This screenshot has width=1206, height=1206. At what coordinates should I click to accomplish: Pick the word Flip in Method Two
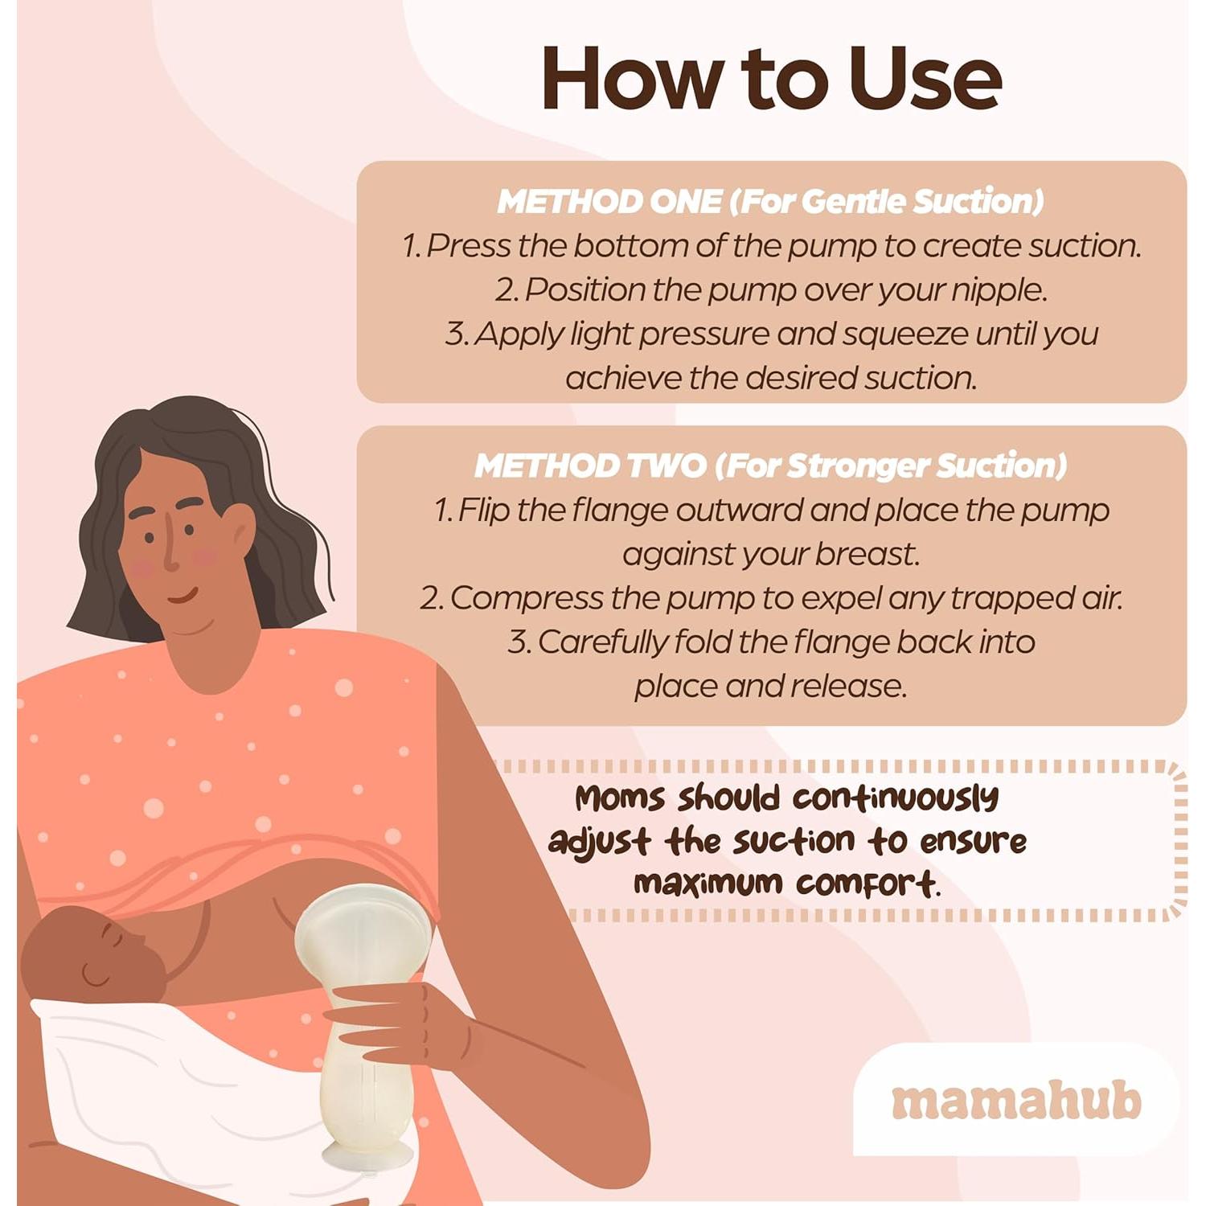484,510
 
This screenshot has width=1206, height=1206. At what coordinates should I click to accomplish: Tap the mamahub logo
1016,1101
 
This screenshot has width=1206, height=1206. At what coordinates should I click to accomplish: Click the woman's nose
170,555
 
